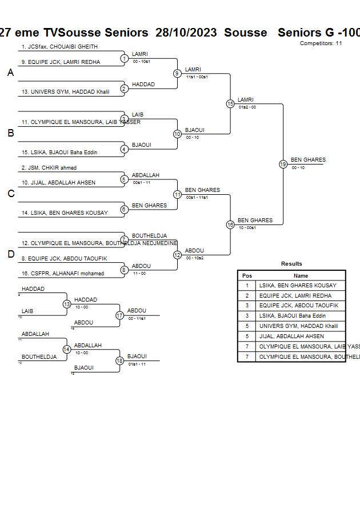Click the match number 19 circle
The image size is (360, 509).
click(x=283, y=164)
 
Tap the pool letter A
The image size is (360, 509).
click(x=10, y=73)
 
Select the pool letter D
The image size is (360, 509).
click(x=10, y=254)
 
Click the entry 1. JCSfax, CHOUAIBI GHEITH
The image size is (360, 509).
click(x=59, y=47)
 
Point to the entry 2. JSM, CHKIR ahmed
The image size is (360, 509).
click(x=49, y=168)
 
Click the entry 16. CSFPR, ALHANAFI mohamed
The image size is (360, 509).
click(x=63, y=274)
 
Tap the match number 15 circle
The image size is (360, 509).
click(x=230, y=103)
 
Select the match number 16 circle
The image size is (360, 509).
click(x=230, y=225)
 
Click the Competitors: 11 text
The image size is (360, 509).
click(x=321, y=43)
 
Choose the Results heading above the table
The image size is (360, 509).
click(x=291, y=264)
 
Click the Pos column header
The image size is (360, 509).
click(x=247, y=275)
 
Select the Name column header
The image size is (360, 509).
click(x=301, y=275)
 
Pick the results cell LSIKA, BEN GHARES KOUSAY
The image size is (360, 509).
click(x=298, y=286)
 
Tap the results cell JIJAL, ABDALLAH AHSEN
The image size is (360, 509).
click(x=291, y=336)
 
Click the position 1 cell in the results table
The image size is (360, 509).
click(x=247, y=286)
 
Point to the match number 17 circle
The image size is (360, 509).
click(x=119, y=315)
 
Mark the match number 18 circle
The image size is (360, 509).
click(x=119, y=360)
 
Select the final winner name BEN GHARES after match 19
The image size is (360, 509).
click(x=308, y=160)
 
